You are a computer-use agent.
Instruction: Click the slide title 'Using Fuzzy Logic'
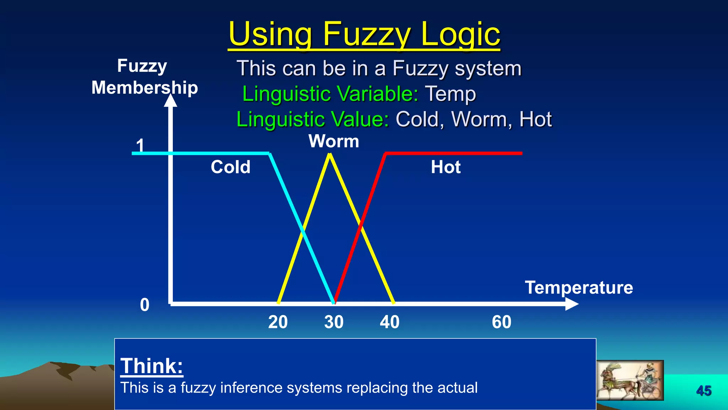coord(364,34)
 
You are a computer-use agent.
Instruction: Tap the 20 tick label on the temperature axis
coord(278,322)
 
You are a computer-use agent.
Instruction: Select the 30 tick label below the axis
coord(334,322)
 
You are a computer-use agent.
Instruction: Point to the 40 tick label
coord(390,322)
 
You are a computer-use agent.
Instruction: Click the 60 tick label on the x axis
coord(502,322)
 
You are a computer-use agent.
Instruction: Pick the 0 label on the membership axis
coord(145,305)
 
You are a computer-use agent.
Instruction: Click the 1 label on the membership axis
coord(140,145)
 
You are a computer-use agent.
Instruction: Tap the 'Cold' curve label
coord(230,167)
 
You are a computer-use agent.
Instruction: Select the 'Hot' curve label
coord(446,167)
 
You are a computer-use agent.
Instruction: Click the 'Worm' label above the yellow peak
coord(334,141)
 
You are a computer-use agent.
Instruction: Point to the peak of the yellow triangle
coord(330,155)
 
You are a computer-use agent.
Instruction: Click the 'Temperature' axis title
coord(579,288)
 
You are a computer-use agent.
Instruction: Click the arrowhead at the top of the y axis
coord(171,100)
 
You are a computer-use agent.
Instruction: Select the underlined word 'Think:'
coord(152,366)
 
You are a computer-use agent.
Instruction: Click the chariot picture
coord(630,380)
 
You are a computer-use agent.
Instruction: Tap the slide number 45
coord(704,391)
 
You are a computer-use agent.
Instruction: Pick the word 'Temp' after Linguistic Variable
coord(450,94)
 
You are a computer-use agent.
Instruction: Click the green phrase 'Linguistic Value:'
coord(313,119)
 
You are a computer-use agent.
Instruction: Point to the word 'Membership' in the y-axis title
coord(145,88)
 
